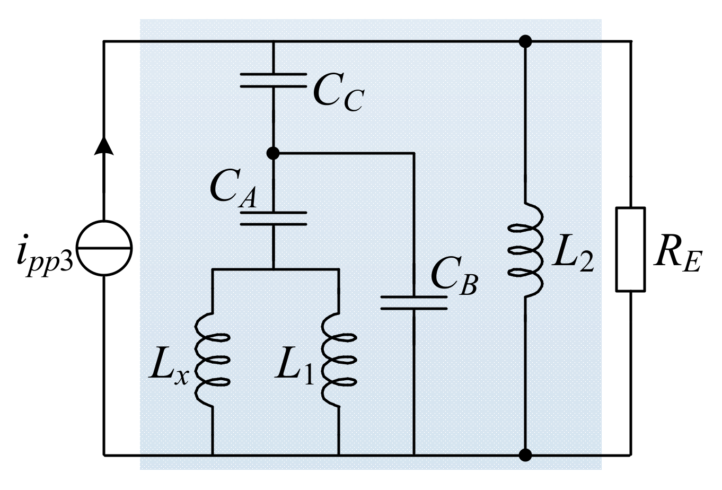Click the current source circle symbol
pos(104,248)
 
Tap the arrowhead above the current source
pos(104,144)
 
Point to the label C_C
pos(337,93)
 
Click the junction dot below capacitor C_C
pos(273,153)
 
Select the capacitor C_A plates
pos(273,218)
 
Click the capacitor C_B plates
pos(413,303)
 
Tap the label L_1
pos(294,366)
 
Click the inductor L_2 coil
pos(525,249)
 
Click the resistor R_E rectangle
pos(630,249)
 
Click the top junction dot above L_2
pos(525,41)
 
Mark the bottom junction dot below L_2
pos(525,455)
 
